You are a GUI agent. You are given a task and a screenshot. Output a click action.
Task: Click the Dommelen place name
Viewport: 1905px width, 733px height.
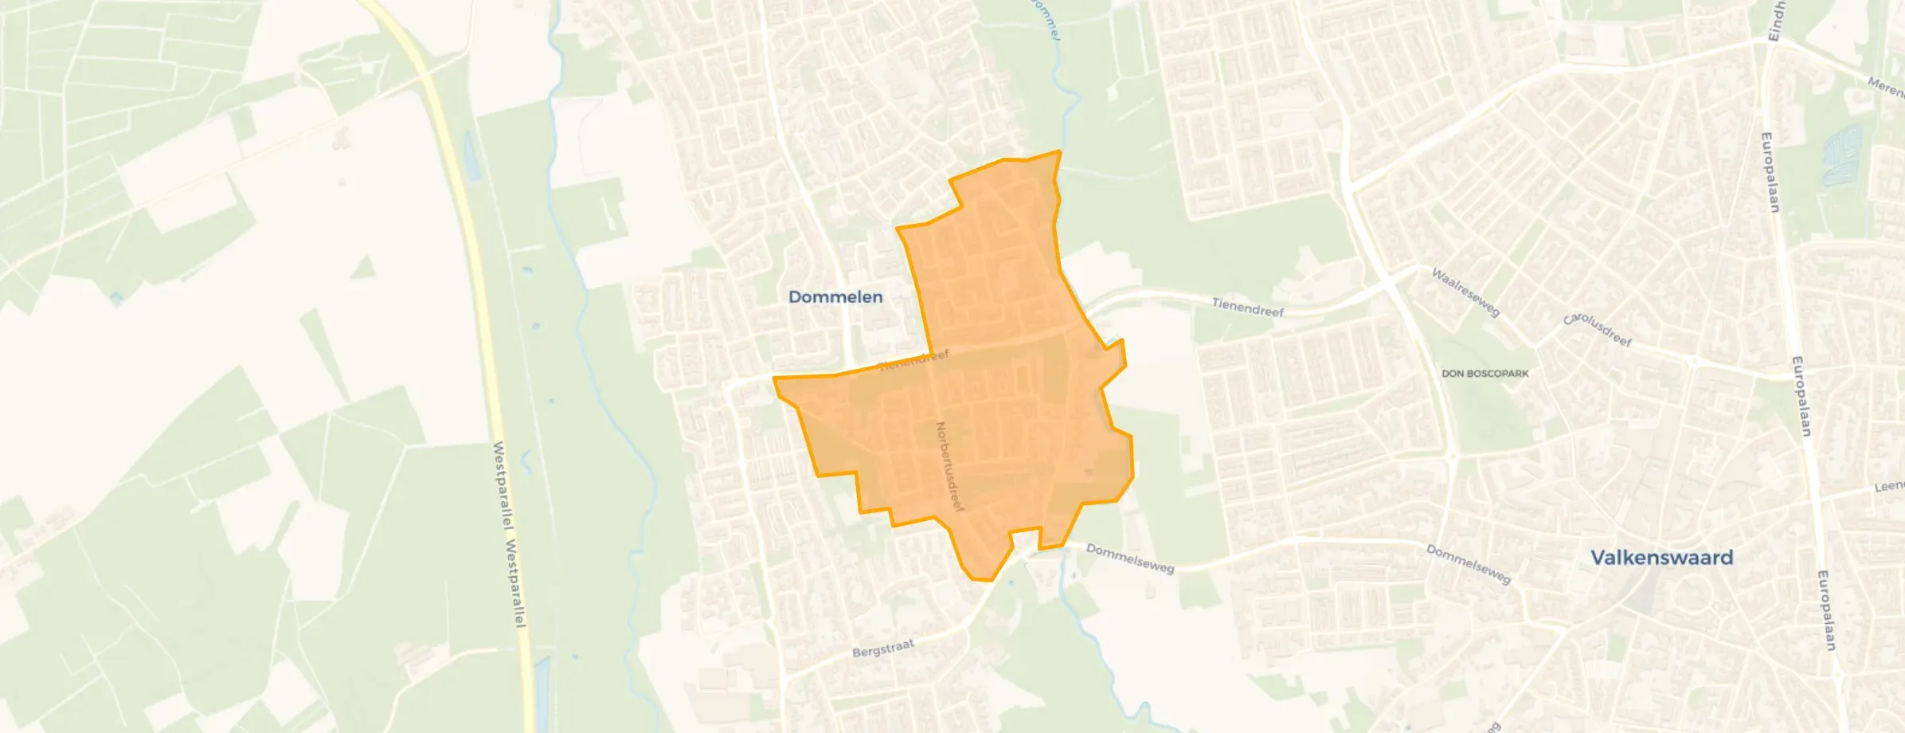click(835, 297)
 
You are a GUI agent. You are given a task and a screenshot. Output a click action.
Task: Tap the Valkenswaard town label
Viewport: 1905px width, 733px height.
click(1661, 558)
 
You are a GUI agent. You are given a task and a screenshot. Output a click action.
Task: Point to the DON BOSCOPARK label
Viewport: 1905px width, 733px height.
click(1484, 374)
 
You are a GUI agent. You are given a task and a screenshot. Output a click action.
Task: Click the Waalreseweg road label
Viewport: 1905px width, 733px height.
click(1465, 292)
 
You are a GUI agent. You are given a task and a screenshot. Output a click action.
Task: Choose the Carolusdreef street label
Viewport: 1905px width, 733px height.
click(1598, 330)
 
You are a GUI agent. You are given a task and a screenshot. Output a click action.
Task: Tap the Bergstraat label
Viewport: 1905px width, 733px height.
click(882, 648)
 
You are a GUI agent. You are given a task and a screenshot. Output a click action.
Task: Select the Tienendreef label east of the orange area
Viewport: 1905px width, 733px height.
click(1247, 308)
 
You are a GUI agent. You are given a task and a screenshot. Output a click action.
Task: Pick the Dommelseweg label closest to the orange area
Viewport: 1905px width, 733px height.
click(1129, 559)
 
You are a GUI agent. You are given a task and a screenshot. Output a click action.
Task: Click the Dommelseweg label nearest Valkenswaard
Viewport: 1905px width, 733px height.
click(1468, 564)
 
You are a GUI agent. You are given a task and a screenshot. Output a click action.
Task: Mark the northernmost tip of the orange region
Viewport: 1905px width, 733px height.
click(1059, 151)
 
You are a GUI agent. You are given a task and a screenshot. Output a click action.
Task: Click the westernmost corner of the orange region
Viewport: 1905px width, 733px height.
click(774, 379)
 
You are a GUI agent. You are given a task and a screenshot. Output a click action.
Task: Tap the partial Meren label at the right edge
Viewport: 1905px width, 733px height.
click(1886, 87)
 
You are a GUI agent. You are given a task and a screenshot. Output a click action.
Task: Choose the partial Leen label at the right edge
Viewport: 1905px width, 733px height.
click(1889, 486)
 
